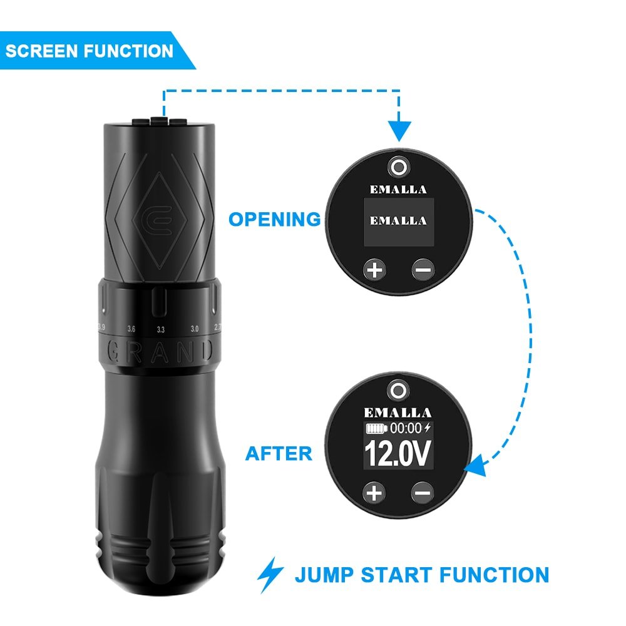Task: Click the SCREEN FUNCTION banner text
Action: [89, 51]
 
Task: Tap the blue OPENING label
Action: [274, 219]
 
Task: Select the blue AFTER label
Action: [279, 453]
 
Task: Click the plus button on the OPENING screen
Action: [374, 270]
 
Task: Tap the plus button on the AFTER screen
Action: [374, 493]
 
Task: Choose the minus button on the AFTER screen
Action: [423, 493]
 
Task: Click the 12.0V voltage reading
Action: [398, 453]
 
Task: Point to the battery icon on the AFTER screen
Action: [376, 428]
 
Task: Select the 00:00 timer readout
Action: [406, 428]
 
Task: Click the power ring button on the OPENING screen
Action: [399, 167]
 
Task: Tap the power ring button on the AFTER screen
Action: [398, 390]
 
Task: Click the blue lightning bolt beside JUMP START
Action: [270, 575]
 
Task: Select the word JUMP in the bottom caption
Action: [324, 575]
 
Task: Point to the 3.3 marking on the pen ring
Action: [160, 329]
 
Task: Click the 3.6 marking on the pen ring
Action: [131, 329]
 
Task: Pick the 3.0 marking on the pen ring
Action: [195, 329]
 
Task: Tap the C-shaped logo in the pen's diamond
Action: [159, 221]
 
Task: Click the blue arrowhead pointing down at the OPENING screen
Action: [399, 131]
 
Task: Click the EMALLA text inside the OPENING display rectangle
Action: [398, 221]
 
